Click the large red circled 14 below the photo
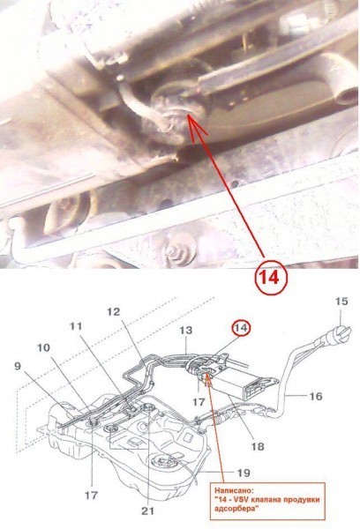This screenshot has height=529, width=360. [270, 278]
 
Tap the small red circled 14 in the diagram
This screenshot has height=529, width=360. [241, 329]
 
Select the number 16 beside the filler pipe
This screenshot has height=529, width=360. [315, 396]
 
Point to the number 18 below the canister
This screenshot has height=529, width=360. [258, 446]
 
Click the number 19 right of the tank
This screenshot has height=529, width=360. [244, 473]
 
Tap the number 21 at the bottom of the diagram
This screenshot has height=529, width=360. [147, 510]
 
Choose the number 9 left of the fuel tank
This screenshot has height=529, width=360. [18, 366]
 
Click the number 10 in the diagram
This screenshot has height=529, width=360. [43, 347]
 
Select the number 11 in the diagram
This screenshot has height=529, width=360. [76, 326]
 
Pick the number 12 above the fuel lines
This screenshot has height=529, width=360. [113, 312]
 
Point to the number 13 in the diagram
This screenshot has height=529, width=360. [185, 331]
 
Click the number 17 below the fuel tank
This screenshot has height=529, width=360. [91, 495]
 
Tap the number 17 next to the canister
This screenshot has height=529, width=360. [199, 402]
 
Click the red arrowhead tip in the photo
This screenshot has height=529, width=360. [188, 115]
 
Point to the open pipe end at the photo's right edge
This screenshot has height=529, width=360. [347, 96]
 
